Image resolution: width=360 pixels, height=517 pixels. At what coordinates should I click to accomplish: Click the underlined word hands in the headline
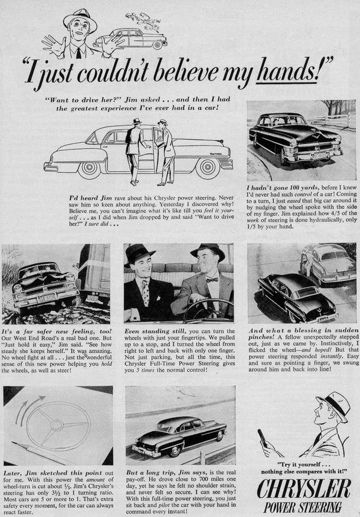click(x=287, y=73)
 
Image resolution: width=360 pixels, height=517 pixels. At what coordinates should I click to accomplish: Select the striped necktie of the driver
click(x=145, y=292)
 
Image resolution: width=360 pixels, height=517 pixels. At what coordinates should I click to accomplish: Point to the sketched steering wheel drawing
click(x=58, y=426)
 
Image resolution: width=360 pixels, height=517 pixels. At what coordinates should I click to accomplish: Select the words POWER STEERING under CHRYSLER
click(x=302, y=507)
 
